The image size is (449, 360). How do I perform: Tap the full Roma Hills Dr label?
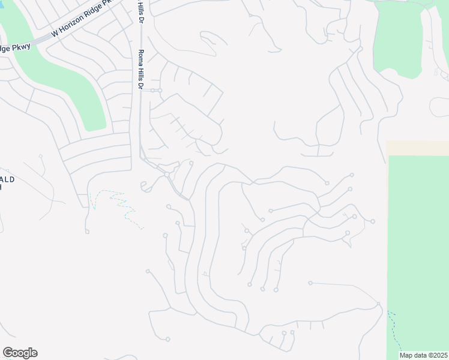coord(141,70)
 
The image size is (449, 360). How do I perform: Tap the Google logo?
coord(20,353)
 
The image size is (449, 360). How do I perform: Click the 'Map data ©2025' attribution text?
coord(423,355)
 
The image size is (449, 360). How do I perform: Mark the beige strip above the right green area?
coord(417,148)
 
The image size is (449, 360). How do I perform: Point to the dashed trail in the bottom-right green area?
coord(396,330)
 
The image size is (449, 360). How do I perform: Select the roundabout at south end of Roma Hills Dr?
coord(166,174)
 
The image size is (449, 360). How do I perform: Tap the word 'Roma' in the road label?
coord(141,58)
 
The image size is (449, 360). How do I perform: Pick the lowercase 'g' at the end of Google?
coord(26,354)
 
